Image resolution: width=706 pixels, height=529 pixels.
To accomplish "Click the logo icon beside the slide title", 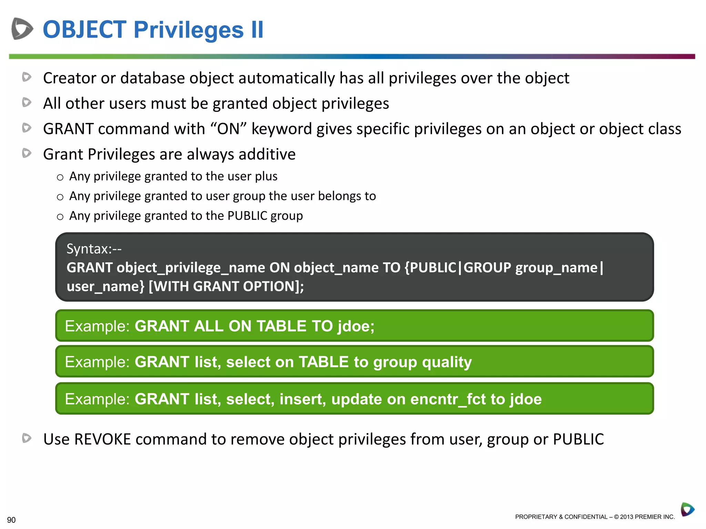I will (22, 29).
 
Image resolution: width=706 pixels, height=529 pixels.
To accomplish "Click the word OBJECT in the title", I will (84, 30).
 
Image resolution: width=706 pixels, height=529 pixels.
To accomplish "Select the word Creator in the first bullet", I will (69, 78).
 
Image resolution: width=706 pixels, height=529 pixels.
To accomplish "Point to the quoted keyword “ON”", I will (228, 129).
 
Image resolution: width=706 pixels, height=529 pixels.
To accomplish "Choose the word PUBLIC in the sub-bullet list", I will (247, 216).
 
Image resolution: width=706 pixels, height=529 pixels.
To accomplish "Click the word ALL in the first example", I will (209, 326).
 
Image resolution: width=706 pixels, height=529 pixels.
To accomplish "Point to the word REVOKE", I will (102, 439).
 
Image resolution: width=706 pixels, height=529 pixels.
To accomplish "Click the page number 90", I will (11, 520).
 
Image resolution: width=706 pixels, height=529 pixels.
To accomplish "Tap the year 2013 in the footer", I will (626, 517).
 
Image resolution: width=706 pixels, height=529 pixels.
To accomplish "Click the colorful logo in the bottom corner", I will (687, 509).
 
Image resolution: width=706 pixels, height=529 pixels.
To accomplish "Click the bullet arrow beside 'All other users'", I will (27, 102).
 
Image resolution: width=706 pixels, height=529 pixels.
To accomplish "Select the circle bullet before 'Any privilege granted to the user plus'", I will (60, 177).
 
